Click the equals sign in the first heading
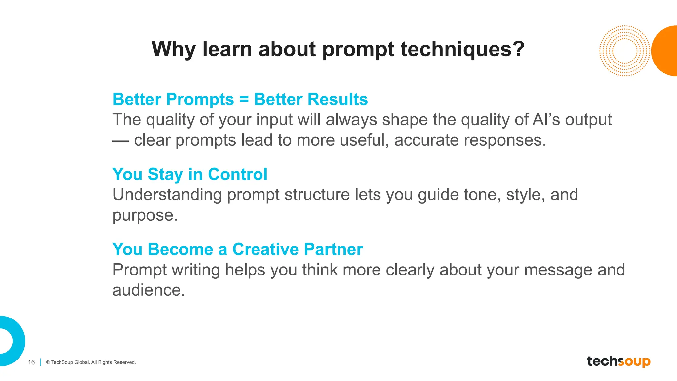244,99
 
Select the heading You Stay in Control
190,174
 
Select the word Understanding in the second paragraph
167,195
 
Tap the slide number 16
31,362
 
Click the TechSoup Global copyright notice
91,362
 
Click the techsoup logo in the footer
618,361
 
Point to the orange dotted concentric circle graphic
624,51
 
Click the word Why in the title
173,49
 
